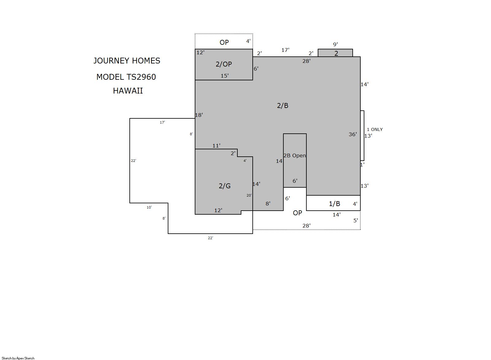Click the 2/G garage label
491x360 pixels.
[x=225, y=186]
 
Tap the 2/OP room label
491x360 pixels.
[x=224, y=64]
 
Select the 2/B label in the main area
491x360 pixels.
[x=282, y=105]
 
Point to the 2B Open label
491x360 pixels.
[x=295, y=155]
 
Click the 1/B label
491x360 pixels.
[x=335, y=204]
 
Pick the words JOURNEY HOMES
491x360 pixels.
[x=127, y=61]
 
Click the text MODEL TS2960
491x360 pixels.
[x=126, y=77]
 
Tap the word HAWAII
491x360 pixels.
[x=128, y=91]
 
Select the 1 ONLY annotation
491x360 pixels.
[x=375, y=129]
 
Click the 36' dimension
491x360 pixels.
[x=353, y=134]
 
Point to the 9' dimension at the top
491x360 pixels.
[x=336, y=44]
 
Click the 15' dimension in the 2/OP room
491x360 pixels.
[x=225, y=76]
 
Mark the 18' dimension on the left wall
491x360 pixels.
[x=199, y=115]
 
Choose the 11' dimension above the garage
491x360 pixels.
[x=216, y=146]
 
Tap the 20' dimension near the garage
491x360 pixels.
[x=249, y=195]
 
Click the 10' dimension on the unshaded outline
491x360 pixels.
[x=149, y=207]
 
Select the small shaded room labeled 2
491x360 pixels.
[x=336, y=53]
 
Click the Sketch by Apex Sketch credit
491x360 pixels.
[x=18, y=358]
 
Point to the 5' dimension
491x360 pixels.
[x=355, y=221]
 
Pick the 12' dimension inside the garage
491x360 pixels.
[x=218, y=211]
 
